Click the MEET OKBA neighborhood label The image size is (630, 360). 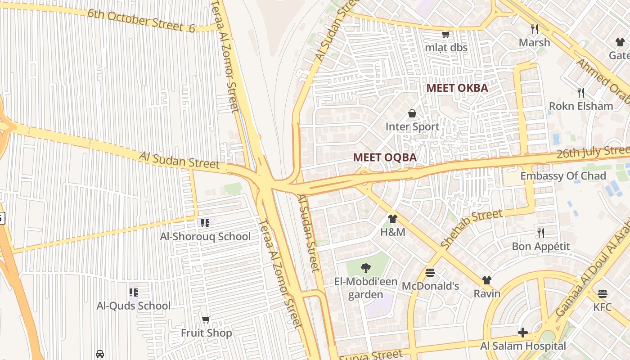pyautogui.click(x=457, y=88)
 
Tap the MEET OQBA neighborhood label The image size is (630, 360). pyautogui.click(x=385, y=157)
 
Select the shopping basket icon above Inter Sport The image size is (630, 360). pyautogui.click(x=412, y=114)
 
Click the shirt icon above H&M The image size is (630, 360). pyautogui.click(x=392, y=219)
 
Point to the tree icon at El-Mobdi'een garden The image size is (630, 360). pyautogui.click(x=365, y=268)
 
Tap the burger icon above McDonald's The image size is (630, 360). pyautogui.click(x=430, y=273)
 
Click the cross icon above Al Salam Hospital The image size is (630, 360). pyautogui.click(x=522, y=333)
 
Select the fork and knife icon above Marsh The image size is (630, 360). pyautogui.click(x=535, y=29)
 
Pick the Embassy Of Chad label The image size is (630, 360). pyautogui.click(x=563, y=176)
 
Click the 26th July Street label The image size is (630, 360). pyautogui.click(x=593, y=152)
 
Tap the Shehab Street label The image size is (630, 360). pyautogui.click(x=472, y=229)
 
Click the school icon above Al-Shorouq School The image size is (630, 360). pyautogui.click(x=205, y=223)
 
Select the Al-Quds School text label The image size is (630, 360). pyautogui.click(x=134, y=306)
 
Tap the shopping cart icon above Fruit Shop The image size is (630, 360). pyautogui.click(x=206, y=320)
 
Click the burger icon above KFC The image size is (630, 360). pyautogui.click(x=603, y=294)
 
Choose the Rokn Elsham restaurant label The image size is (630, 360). pyautogui.click(x=580, y=106)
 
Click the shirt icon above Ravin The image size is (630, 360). pyautogui.click(x=486, y=280)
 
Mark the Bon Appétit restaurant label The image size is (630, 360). pyautogui.click(x=541, y=247)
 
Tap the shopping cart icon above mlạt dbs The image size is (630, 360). pyautogui.click(x=446, y=35)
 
